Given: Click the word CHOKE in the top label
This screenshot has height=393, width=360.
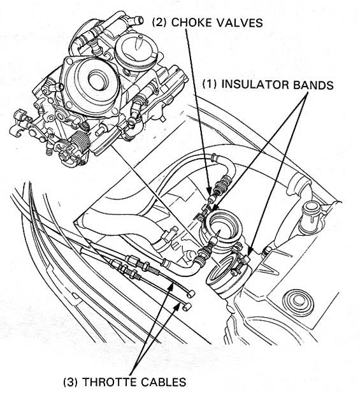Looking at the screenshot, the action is [x=191, y=22].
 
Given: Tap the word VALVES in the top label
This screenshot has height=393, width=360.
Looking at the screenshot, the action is [x=239, y=22].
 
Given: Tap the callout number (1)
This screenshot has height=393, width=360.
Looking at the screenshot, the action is [x=210, y=85].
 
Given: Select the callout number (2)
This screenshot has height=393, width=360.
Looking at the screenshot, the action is [x=159, y=22].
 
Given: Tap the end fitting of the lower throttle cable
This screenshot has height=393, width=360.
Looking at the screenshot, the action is [x=187, y=307].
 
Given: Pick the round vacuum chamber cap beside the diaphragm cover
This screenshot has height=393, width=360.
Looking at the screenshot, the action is [x=136, y=52].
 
